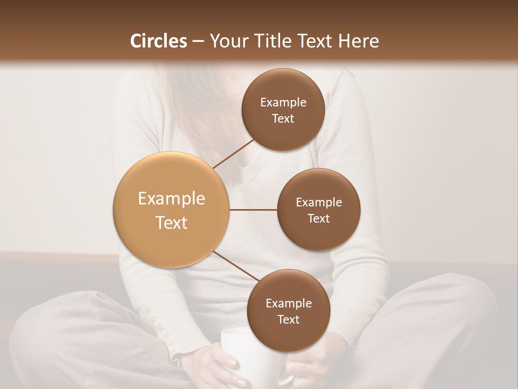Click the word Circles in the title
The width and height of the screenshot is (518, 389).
[x=158, y=41]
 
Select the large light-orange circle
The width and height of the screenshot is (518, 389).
[x=172, y=210]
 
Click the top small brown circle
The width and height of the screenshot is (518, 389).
[x=283, y=110]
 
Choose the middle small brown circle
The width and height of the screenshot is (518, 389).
[x=318, y=210]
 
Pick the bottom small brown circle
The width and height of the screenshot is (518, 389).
[x=288, y=311]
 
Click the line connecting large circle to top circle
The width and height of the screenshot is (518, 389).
[x=235, y=153]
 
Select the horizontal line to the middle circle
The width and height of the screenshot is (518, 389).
[x=253, y=210]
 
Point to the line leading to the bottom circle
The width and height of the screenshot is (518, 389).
[x=236, y=266]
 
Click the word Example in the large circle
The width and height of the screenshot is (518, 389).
[x=172, y=199]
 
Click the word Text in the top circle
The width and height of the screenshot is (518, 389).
[x=283, y=118]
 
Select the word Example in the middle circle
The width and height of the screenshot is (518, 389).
[x=318, y=202]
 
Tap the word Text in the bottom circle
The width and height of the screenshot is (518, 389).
[x=288, y=319]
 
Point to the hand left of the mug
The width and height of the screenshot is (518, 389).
[x=221, y=367]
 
